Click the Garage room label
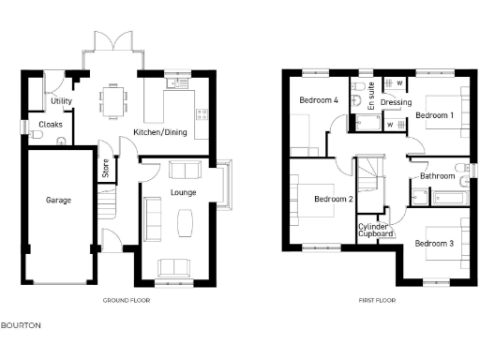(58, 200)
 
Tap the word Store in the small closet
(106, 169)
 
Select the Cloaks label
(51, 125)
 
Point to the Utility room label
(62, 101)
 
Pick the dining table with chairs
(114, 97)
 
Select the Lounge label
(183, 193)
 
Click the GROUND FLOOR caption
(126, 301)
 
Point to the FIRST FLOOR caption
(377, 301)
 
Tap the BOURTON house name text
(21, 325)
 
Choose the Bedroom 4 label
(319, 100)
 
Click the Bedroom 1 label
(434, 115)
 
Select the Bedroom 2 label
(333, 199)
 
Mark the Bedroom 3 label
(434, 244)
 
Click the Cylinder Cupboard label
(376, 230)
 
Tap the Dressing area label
(397, 103)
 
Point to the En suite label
(371, 97)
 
